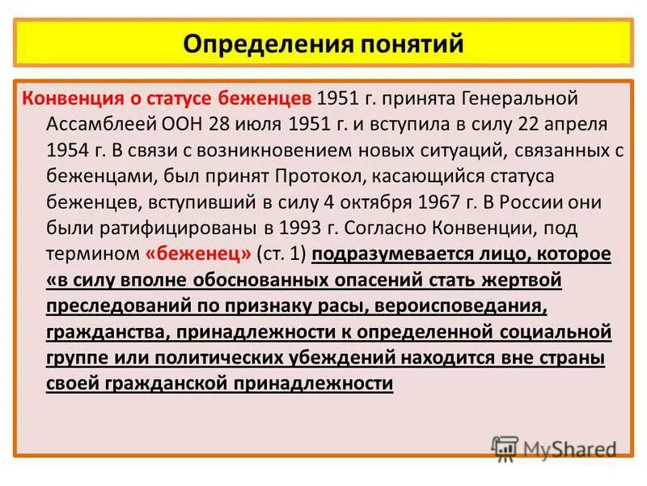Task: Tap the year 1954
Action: coord(67,151)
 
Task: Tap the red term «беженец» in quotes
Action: coord(198,254)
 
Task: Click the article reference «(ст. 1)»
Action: coord(281,254)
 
